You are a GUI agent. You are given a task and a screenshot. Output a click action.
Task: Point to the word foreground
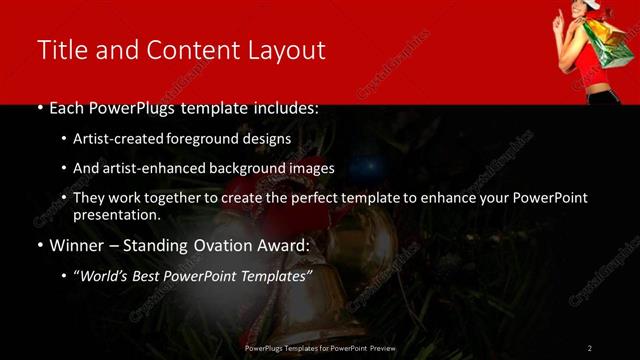206,139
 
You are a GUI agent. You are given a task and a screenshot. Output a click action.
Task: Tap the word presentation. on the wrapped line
116,214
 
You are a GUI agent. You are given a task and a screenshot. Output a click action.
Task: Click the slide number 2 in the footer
590,347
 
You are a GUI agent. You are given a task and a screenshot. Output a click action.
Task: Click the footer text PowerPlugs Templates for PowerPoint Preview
320,347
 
